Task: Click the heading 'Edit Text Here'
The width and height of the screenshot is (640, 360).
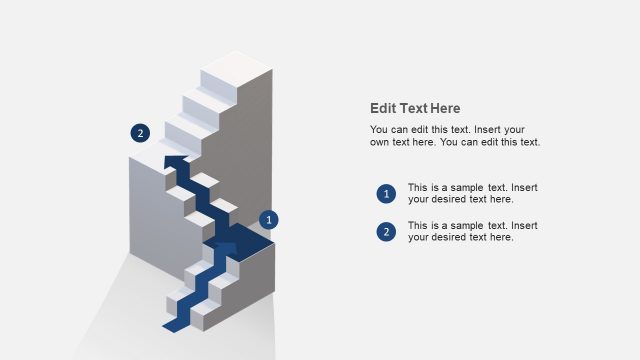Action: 415,108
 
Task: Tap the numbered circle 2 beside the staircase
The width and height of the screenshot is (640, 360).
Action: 140,132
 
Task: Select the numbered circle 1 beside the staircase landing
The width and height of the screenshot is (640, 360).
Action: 268,219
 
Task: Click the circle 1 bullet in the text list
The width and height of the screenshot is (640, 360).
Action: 386,194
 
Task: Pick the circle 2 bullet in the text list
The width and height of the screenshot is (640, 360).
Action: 386,232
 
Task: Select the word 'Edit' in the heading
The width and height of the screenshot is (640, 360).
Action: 382,108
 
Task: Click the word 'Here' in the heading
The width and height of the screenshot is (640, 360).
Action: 445,108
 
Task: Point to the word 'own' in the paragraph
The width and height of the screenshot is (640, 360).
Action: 380,142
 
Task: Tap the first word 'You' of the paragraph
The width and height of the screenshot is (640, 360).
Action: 379,130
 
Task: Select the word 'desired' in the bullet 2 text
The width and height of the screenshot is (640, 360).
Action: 451,238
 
